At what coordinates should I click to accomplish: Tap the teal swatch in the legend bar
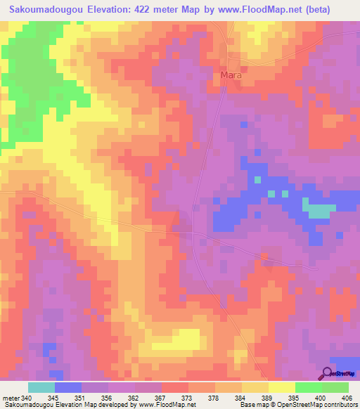click(x=41, y=387)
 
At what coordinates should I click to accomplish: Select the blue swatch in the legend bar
click(x=68, y=387)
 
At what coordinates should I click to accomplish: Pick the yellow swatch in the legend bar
click(x=281, y=387)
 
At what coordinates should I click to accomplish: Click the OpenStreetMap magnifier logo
click(x=328, y=374)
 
